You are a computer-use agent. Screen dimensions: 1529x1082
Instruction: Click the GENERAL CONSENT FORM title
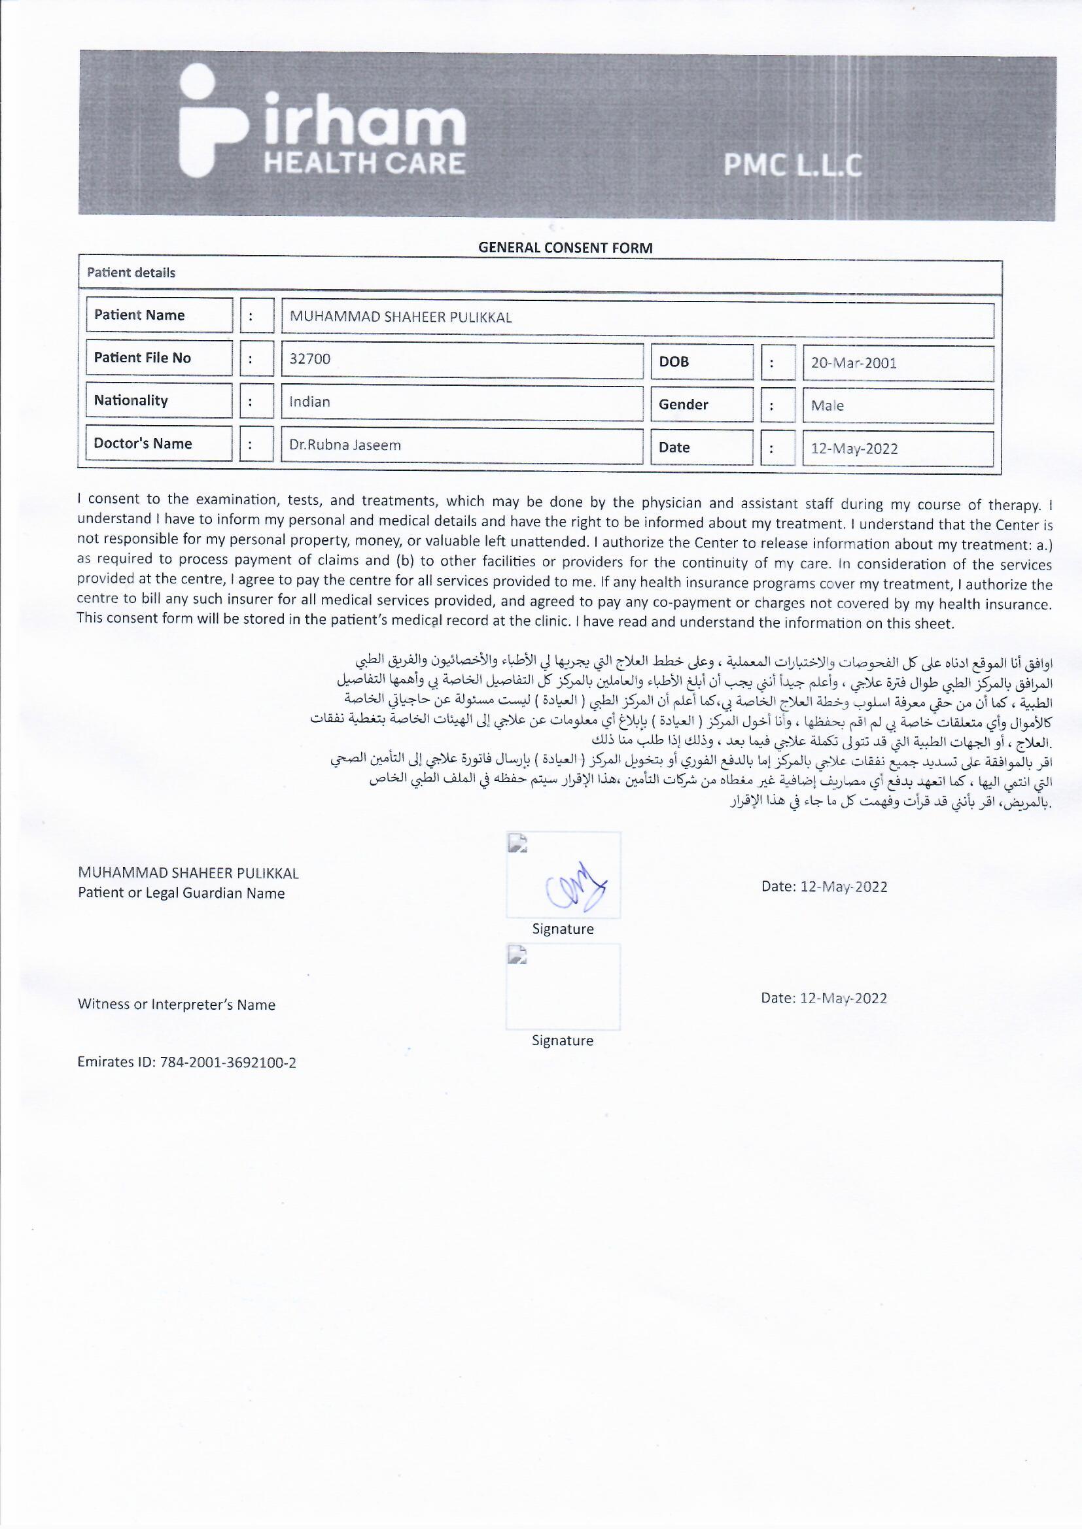pyautogui.click(x=565, y=248)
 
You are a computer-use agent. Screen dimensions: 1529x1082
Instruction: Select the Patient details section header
pyautogui.click(x=131, y=272)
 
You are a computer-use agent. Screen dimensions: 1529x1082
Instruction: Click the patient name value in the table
pyautogui.click(x=400, y=318)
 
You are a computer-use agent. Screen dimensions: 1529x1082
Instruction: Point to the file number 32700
pyautogui.click(x=310, y=360)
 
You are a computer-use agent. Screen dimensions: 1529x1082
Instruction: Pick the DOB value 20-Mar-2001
pyautogui.click(x=854, y=364)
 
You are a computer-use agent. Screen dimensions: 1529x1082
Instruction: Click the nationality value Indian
pyautogui.click(x=310, y=402)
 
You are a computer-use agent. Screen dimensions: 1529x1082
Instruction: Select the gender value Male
pyautogui.click(x=828, y=405)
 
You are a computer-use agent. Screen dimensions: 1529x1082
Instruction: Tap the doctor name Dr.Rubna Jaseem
pyautogui.click(x=345, y=445)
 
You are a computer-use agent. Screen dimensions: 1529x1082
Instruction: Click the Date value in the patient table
pyautogui.click(x=854, y=449)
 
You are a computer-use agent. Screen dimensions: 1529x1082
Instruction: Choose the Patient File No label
pyautogui.click(x=143, y=358)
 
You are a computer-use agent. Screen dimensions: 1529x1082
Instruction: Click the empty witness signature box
pyautogui.click(x=563, y=987)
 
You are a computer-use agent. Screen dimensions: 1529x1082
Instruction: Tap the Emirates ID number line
pyautogui.click(x=187, y=1062)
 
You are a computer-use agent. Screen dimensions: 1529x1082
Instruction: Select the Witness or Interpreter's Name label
pyautogui.click(x=177, y=1005)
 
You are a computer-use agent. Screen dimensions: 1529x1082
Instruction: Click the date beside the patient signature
pyautogui.click(x=824, y=887)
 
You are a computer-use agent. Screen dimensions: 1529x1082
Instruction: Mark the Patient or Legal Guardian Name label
pyautogui.click(x=181, y=894)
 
